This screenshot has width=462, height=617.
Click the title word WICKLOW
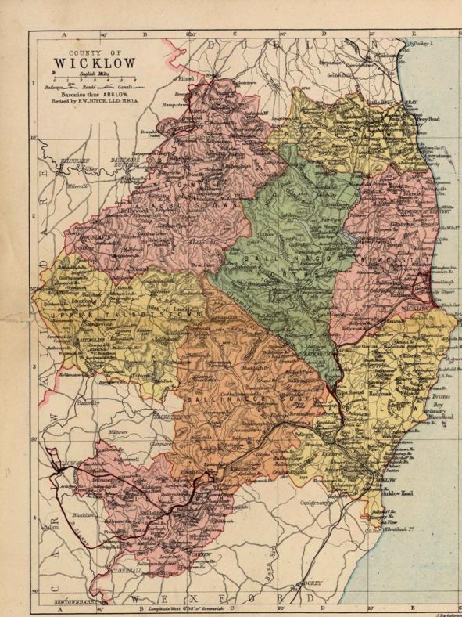point(95,63)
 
